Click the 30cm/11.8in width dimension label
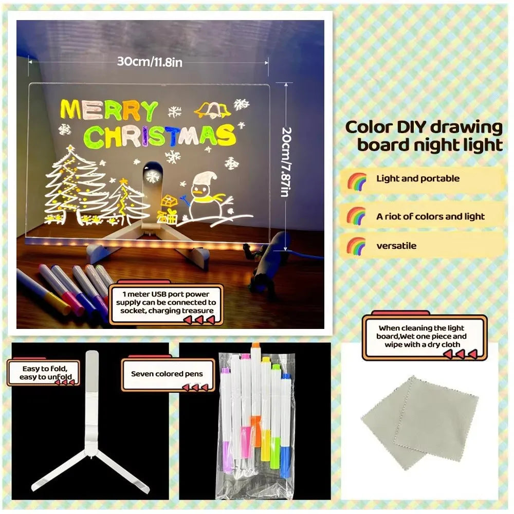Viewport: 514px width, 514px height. point(150,62)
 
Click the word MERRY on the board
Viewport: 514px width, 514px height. point(109,111)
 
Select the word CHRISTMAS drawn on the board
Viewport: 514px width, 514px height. point(159,136)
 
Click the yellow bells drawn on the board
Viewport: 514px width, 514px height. point(212,108)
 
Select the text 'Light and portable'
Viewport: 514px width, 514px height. point(418,179)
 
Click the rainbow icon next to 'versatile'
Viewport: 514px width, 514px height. point(356,246)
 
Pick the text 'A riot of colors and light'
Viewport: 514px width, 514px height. point(430,216)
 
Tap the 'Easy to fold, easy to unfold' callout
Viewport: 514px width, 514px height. point(43,373)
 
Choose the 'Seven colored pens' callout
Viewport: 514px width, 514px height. point(167,374)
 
